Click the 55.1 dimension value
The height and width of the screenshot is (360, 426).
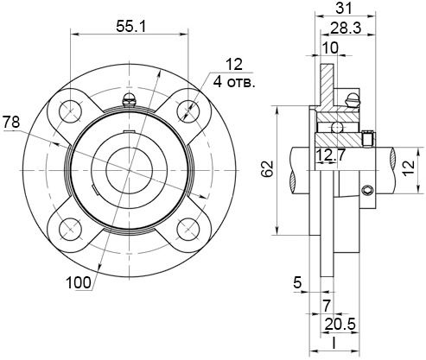point(131,27)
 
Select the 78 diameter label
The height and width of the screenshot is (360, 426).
point(11,122)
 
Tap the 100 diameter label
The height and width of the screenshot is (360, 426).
point(79,283)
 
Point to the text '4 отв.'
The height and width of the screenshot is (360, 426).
point(234,83)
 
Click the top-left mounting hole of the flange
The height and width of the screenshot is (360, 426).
point(70,111)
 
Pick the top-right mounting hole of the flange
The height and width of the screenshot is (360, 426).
point(188,111)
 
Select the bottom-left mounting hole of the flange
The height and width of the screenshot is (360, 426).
point(70,230)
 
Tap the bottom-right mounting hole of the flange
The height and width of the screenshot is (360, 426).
point(188,230)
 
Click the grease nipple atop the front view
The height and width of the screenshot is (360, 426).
point(129,99)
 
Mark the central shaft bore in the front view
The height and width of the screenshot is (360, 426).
point(129,170)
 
